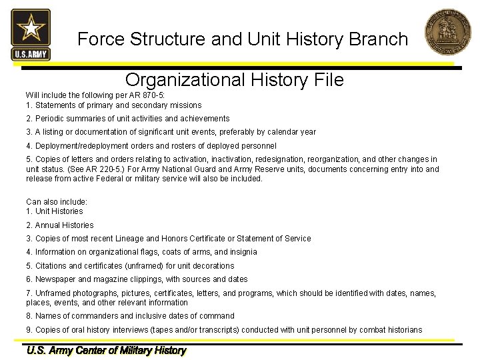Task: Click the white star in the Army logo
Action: click(31, 27)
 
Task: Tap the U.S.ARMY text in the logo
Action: click(31, 55)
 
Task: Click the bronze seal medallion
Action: click(448, 32)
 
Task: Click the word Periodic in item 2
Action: click(49, 119)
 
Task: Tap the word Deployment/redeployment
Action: click(82, 146)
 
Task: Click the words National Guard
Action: click(189, 169)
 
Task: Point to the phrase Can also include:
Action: click(57, 202)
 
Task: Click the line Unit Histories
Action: click(59, 211)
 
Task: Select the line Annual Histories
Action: click(64, 225)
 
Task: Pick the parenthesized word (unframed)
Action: click(144, 266)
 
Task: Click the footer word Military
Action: click(135, 351)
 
